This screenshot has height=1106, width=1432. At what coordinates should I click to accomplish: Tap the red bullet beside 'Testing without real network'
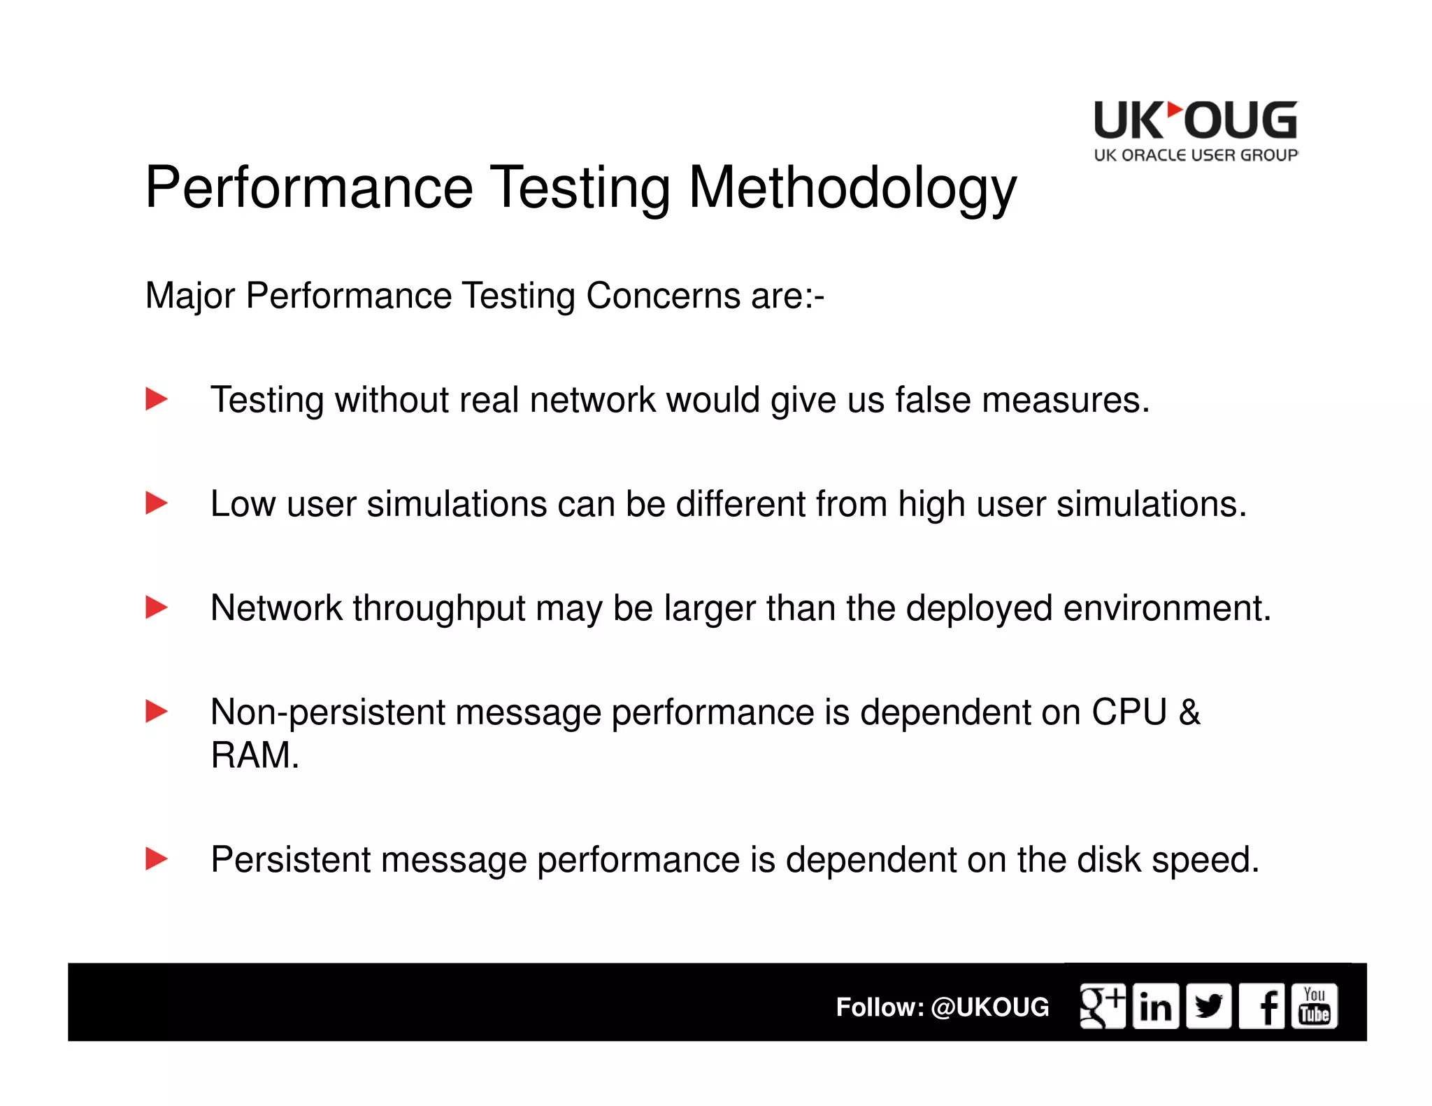(x=156, y=400)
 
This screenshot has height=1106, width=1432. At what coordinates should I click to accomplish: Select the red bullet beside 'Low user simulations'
(x=156, y=503)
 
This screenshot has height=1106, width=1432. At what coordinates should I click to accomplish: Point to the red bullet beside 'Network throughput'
(x=156, y=608)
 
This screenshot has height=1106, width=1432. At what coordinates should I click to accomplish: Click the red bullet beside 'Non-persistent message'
(x=156, y=712)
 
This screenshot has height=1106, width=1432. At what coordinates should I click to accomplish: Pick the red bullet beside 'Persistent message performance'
(x=156, y=859)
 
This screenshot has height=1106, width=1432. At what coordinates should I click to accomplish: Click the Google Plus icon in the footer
(x=1102, y=1007)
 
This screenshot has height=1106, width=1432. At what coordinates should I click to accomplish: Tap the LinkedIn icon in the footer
(x=1155, y=1007)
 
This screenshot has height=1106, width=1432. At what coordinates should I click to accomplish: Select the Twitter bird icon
(x=1208, y=1007)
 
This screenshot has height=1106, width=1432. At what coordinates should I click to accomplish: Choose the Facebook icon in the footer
(x=1261, y=1007)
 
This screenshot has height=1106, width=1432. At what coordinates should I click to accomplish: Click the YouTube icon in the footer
(x=1315, y=1007)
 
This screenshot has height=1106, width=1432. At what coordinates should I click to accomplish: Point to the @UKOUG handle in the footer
(x=990, y=1007)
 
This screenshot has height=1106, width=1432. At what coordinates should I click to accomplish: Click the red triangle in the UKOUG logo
(x=1175, y=110)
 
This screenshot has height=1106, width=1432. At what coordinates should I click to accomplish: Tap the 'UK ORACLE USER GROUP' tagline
(x=1196, y=155)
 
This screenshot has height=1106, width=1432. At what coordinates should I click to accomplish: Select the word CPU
(x=1129, y=712)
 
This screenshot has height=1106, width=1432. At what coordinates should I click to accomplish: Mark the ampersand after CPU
(x=1189, y=712)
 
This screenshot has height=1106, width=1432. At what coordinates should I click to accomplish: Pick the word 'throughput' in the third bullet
(x=439, y=608)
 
